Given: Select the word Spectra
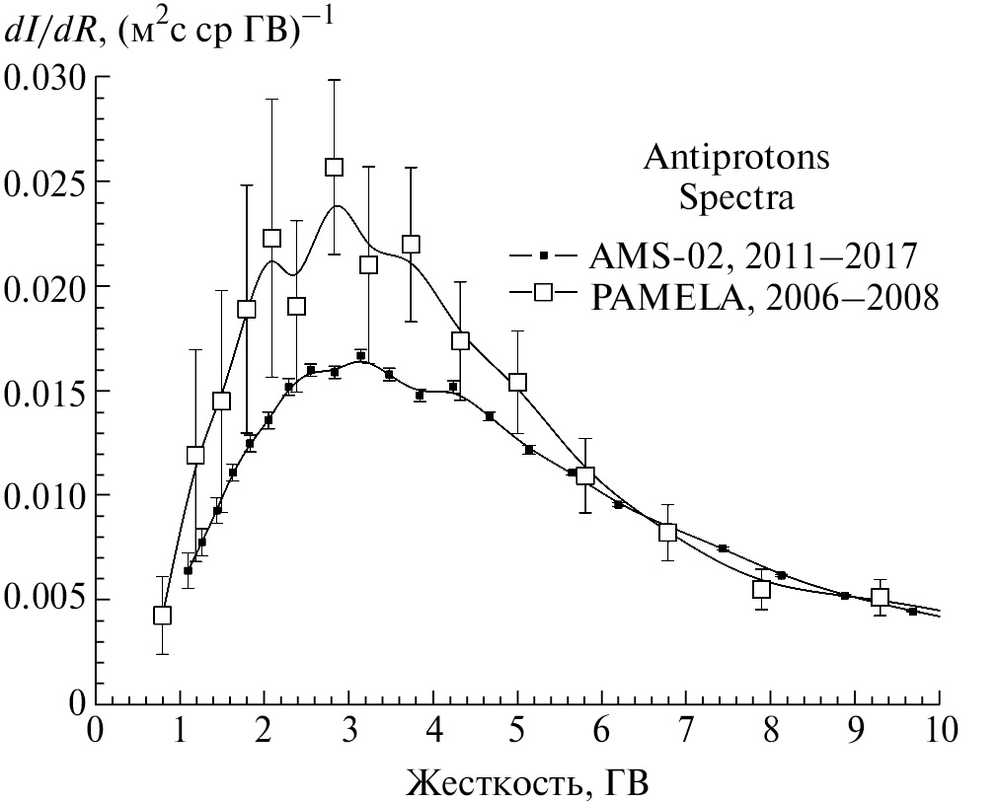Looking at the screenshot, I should (737, 197).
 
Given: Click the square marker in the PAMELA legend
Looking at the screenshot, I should (542, 295).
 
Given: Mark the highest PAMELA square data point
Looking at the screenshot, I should (335, 168).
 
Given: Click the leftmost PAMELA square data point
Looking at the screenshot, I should (163, 615).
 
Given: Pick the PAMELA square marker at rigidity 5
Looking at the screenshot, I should (517, 382).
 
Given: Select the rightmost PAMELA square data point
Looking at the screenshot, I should (880, 597).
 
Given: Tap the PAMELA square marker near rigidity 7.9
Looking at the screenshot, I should (761, 589).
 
